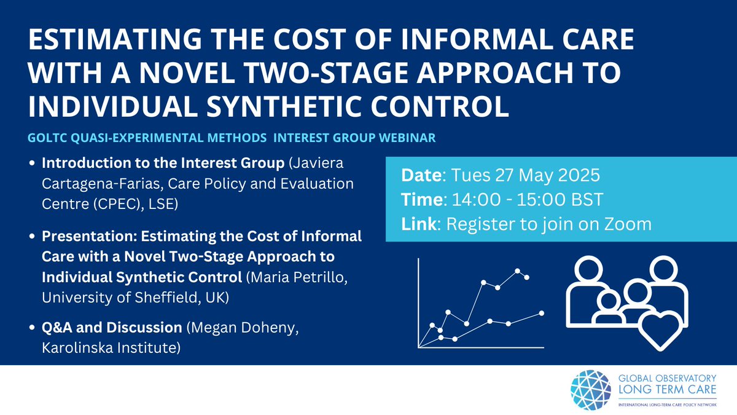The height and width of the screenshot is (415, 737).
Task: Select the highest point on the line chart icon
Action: [518, 271]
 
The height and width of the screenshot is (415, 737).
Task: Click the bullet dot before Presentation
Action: [33, 237]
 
